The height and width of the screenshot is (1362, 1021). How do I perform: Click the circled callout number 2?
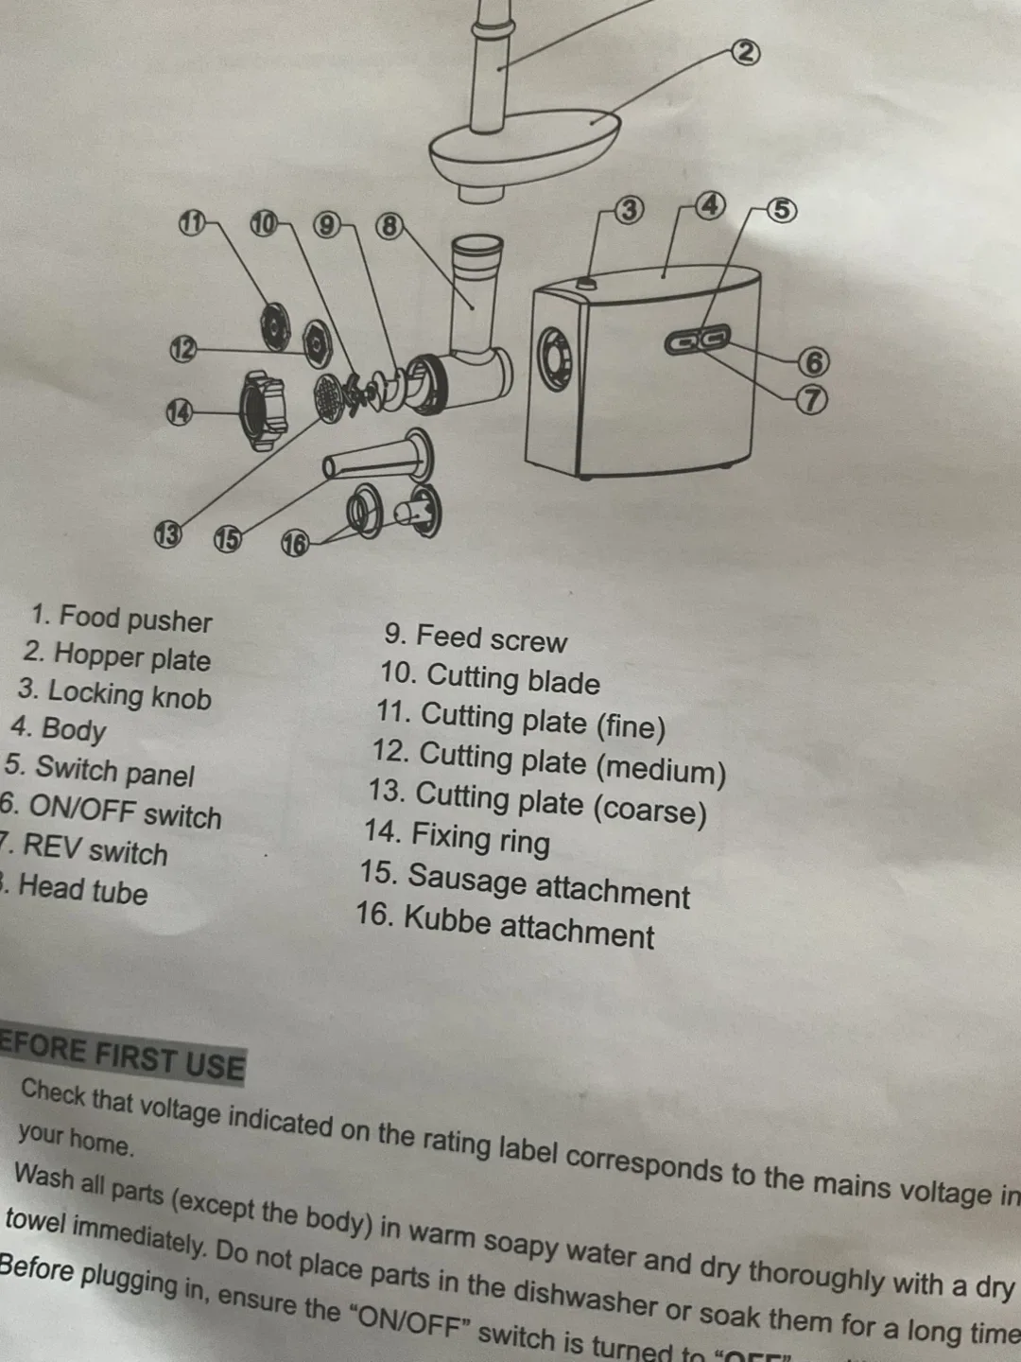746,53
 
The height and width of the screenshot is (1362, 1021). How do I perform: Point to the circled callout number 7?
811,400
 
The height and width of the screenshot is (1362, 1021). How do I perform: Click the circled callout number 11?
192,223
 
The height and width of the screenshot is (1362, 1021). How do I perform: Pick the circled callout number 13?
167,534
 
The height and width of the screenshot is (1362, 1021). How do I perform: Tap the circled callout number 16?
295,543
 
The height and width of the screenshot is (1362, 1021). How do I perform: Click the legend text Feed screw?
491,639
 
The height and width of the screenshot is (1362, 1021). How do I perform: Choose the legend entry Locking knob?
129,694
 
